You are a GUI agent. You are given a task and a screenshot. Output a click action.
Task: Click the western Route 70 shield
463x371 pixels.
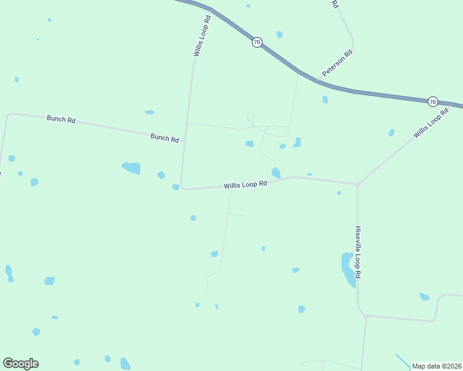click(x=257, y=42)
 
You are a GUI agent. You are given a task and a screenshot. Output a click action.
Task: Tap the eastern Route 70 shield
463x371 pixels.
click(x=433, y=101)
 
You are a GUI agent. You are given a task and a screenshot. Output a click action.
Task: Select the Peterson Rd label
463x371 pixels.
click(x=336, y=64)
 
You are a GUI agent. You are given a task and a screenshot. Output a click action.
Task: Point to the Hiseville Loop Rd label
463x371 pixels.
click(x=358, y=252)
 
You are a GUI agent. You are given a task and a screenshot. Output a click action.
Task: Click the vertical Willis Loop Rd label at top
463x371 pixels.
click(x=202, y=36)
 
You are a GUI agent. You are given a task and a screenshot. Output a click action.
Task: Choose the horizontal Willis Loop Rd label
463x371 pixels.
click(x=245, y=184)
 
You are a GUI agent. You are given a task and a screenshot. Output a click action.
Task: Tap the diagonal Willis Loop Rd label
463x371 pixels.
click(x=431, y=123)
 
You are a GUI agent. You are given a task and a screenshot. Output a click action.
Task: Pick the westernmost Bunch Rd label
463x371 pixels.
click(x=61, y=119)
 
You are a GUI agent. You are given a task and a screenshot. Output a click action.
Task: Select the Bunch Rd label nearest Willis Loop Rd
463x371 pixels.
click(x=165, y=138)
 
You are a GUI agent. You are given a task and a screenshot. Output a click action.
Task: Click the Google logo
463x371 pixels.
click(x=20, y=364)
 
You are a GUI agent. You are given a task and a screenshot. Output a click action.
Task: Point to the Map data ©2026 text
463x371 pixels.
click(x=437, y=366)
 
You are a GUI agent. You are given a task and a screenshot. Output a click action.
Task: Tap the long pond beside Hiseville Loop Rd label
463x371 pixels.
click(x=348, y=269)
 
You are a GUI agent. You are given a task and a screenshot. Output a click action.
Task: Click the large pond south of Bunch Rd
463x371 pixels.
click(x=132, y=168)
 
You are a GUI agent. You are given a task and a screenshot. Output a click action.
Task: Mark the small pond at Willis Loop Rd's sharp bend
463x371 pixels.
click(x=176, y=187)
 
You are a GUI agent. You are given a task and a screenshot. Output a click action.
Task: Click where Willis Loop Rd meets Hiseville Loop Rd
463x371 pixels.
click(x=357, y=184)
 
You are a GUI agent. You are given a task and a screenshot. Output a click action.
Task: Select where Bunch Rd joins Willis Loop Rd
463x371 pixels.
click(x=184, y=141)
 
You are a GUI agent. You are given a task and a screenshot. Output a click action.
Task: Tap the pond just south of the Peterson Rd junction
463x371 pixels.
click(x=325, y=100)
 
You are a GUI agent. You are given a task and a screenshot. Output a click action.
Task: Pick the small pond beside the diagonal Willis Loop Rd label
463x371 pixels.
click(x=391, y=132)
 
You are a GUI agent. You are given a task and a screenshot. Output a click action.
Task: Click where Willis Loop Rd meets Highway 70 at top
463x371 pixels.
click(x=210, y=9)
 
